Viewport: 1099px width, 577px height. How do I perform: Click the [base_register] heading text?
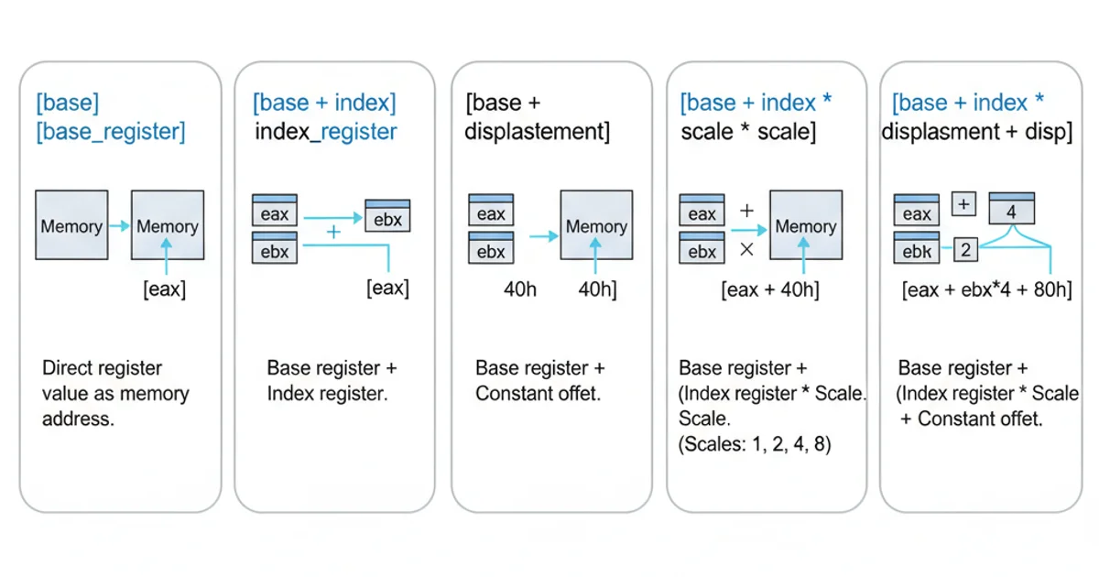110,132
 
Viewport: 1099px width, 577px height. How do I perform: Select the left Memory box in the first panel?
71,224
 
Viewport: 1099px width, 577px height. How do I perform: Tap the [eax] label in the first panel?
164,289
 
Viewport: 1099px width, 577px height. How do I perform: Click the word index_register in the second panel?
325,132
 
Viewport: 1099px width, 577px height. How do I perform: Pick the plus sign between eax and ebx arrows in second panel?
333,233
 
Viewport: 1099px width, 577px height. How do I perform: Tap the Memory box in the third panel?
596,225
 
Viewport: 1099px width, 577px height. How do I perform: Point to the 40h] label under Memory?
596,289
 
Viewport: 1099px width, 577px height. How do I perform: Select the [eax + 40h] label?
769,290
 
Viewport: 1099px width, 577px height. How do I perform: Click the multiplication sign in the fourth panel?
745,248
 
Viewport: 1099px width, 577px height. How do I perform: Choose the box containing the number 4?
1011,210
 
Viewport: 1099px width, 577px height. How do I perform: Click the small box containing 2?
966,248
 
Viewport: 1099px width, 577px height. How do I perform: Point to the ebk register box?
916,249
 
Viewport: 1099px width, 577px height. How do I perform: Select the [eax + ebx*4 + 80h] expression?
986,290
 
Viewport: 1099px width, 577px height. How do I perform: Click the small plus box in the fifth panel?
963,203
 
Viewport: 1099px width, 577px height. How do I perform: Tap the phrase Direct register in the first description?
102,368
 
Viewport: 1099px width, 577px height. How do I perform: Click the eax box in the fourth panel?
702,212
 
